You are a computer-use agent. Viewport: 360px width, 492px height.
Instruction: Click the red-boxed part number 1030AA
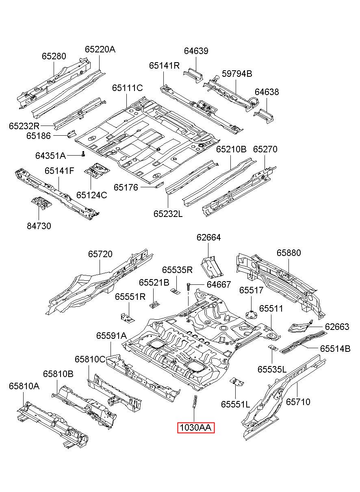[196, 428]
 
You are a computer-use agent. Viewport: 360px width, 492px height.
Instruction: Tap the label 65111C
[128, 88]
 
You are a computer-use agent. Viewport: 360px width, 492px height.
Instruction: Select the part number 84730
[39, 226]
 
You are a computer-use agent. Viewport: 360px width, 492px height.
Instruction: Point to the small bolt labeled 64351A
[83, 154]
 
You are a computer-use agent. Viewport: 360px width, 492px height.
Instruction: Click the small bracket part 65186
[71, 134]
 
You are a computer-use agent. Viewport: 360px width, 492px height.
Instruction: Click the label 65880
[288, 253]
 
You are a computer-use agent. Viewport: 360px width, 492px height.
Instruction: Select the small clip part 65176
[159, 185]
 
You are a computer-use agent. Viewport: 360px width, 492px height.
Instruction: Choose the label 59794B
[237, 74]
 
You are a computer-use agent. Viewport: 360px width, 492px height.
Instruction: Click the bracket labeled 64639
[193, 75]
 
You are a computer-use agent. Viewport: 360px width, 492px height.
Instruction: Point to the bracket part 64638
[264, 115]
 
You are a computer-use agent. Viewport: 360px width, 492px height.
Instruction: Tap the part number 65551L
[235, 404]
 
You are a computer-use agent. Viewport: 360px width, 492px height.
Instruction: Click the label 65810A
[24, 386]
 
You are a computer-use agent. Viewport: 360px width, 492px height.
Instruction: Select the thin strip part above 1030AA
[195, 401]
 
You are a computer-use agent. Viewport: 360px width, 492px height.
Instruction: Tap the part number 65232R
[24, 126]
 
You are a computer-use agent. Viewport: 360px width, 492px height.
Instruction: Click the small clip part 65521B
[155, 305]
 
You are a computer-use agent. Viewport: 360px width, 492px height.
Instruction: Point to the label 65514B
[335, 349]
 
